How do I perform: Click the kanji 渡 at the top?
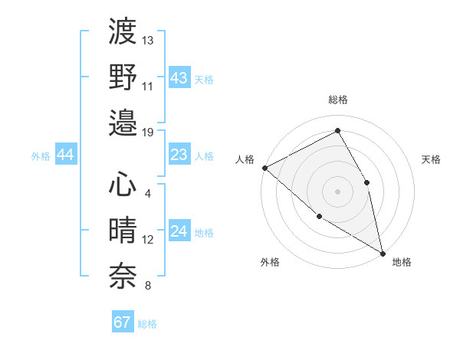(123, 33)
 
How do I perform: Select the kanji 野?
(123, 77)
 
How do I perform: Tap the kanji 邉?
(123, 123)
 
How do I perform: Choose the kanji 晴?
(123, 231)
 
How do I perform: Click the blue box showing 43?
(179, 78)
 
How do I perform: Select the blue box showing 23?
(179, 155)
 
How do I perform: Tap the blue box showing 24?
(179, 232)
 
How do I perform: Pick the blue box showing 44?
(65, 155)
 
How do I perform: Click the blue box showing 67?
(123, 322)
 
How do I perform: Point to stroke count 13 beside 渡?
(148, 40)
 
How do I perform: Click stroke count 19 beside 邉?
(148, 132)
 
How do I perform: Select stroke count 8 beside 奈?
(148, 286)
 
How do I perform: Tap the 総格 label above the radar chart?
(338, 100)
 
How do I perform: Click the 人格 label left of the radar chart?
(245, 159)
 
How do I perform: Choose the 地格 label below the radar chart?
(402, 262)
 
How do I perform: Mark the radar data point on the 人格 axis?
(264, 168)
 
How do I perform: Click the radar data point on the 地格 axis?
(383, 253)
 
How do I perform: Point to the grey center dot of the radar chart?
(337, 191)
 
